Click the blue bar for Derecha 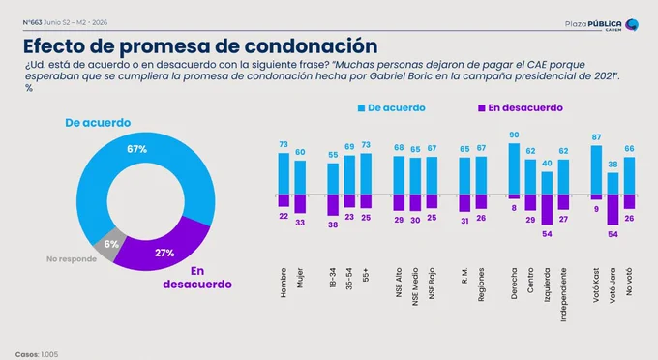[x=514, y=169]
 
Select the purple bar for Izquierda [x=547, y=210]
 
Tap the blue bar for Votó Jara [x=613, y=184]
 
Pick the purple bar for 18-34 [x=333, y=205]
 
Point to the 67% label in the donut [x=136, y=149]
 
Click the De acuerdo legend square [x=361, y=108]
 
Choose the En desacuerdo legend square [x=482, y=108]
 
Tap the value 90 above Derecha [x=514, y=135]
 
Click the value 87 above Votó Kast [x=596, y=137]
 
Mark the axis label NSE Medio [x=415, y=286]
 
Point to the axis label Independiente [x=563, y=294]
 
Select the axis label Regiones [x=481, y=285]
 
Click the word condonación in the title [x=311, y=46]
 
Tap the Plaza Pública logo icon [x=632, y=25]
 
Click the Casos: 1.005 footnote [x=37, y=354]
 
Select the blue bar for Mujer [x=300, y=178]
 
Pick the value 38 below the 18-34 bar [x=333, y=225]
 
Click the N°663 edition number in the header [x=32, y=22]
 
